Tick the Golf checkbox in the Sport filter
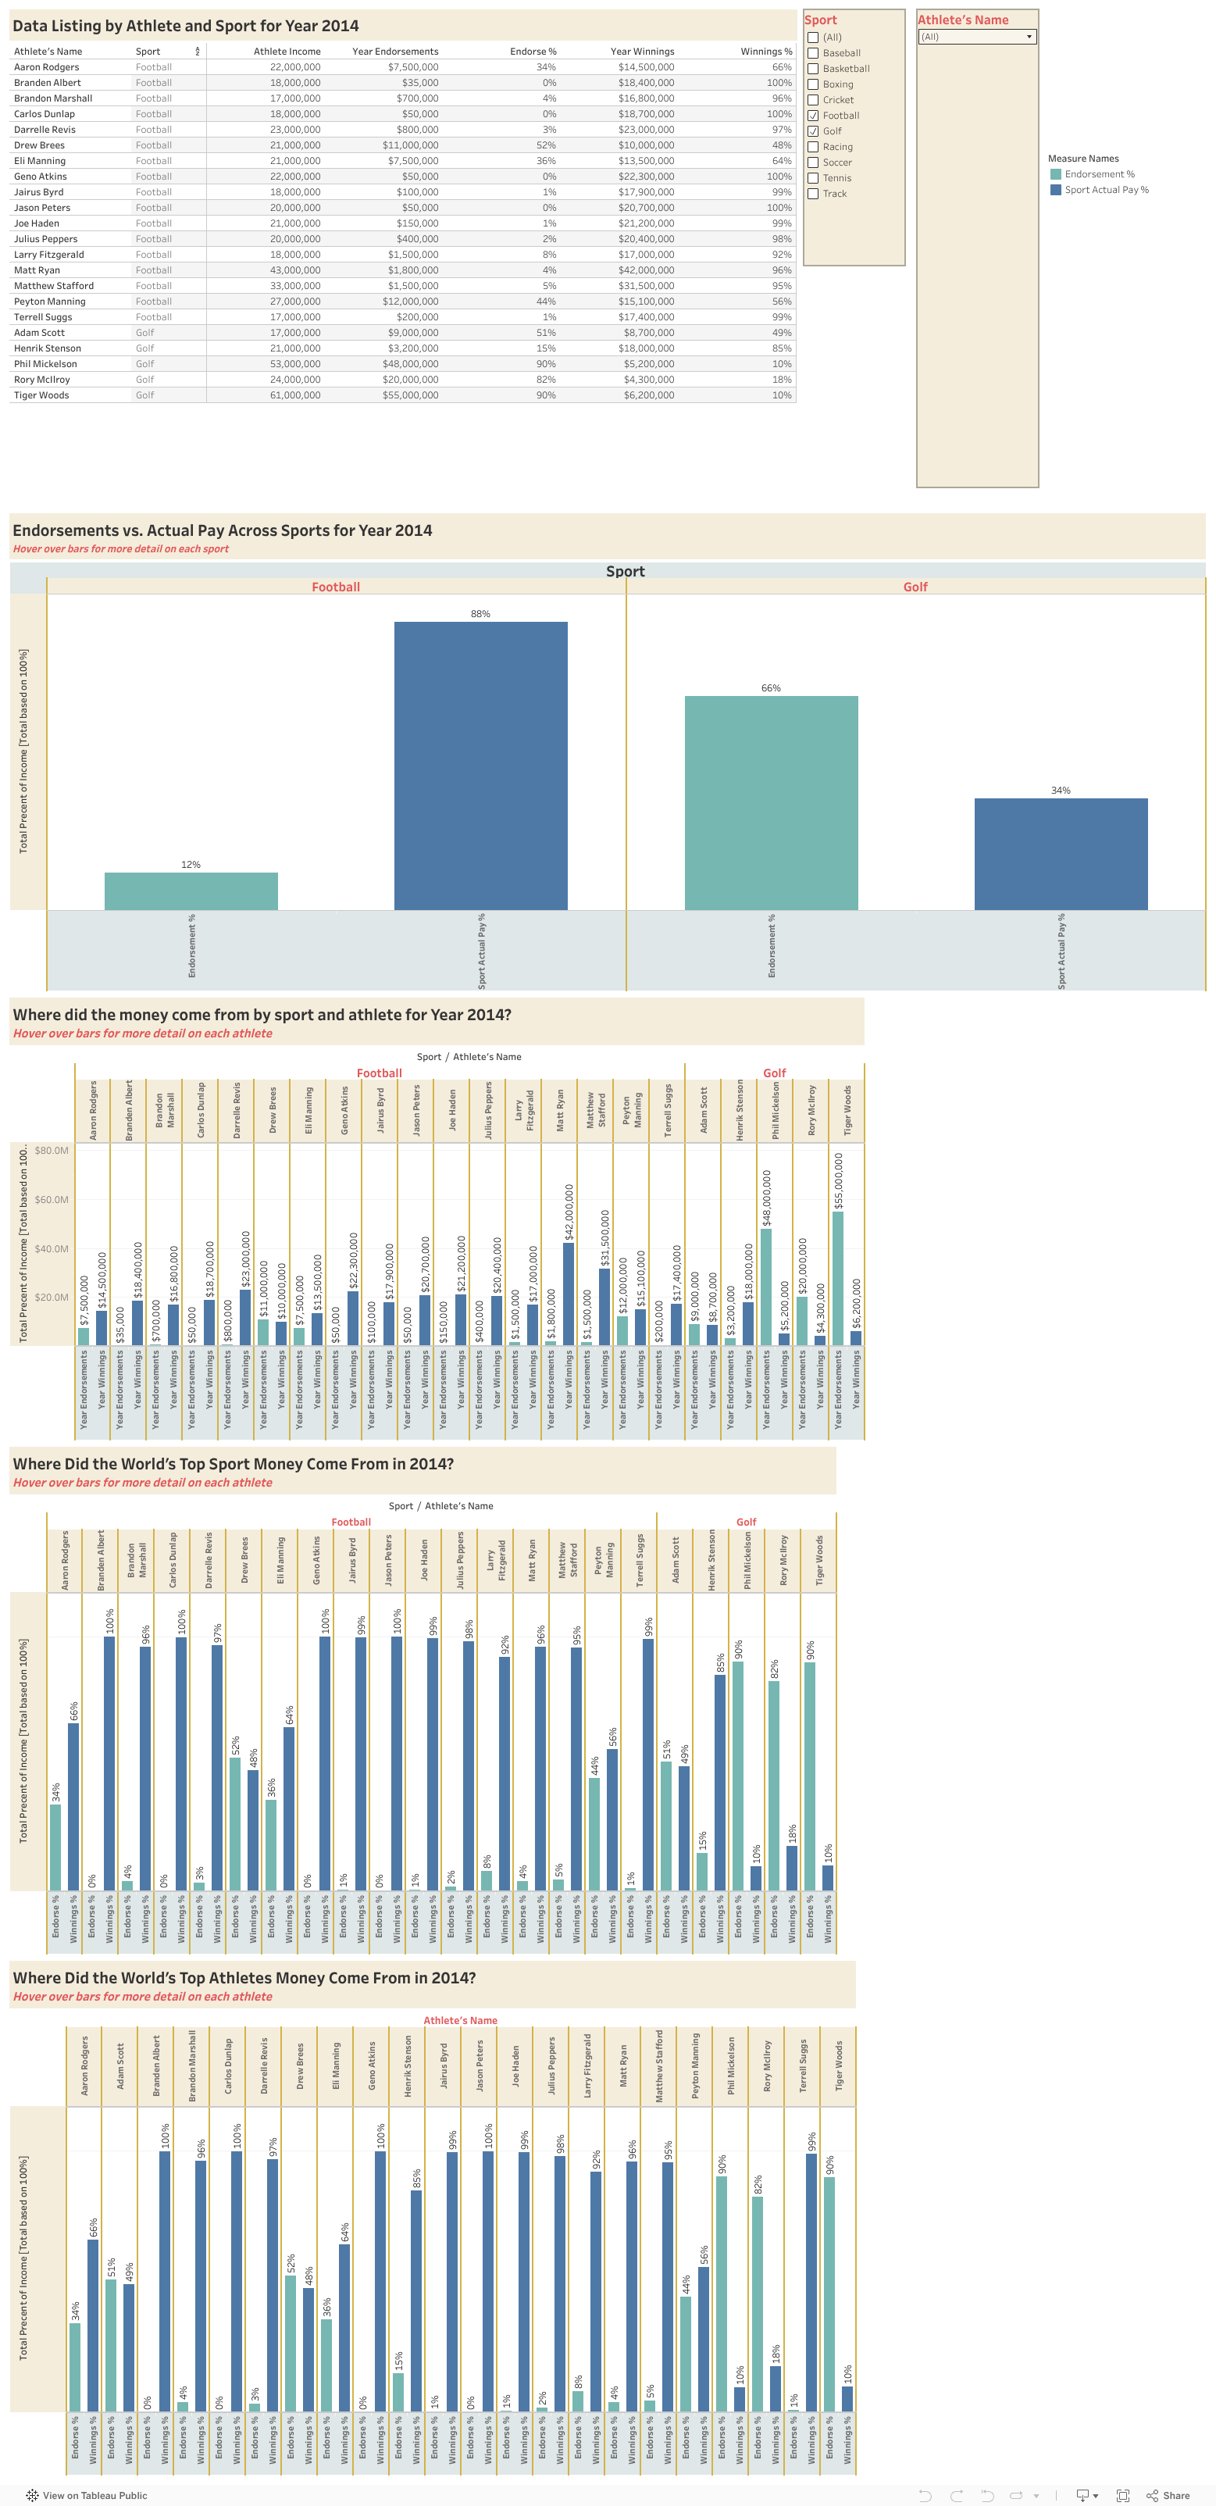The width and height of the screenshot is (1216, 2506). click(813, 131)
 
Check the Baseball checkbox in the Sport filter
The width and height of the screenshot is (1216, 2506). click(813, 53)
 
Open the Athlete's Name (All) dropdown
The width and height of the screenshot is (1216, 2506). click(977, 37)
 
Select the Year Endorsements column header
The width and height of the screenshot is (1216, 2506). click(395, 52)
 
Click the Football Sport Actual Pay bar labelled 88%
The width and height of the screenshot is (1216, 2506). click(480, 766)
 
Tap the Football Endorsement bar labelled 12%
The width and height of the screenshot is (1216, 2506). click(191, 891)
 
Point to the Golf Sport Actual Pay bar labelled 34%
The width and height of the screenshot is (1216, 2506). click(1061, 854)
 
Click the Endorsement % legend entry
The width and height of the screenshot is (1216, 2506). click(1098, 175)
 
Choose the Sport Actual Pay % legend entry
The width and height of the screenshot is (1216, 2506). click(1105, 191)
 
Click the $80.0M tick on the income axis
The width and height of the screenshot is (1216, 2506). click(52, 1151)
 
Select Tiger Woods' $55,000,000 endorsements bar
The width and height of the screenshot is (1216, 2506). click(837, 1277)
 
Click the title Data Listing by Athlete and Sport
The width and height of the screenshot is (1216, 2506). click(185, 27)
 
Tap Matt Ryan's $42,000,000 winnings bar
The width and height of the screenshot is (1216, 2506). click(568, 1294)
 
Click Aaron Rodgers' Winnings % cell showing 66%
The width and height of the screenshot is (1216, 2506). click(781, 67)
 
